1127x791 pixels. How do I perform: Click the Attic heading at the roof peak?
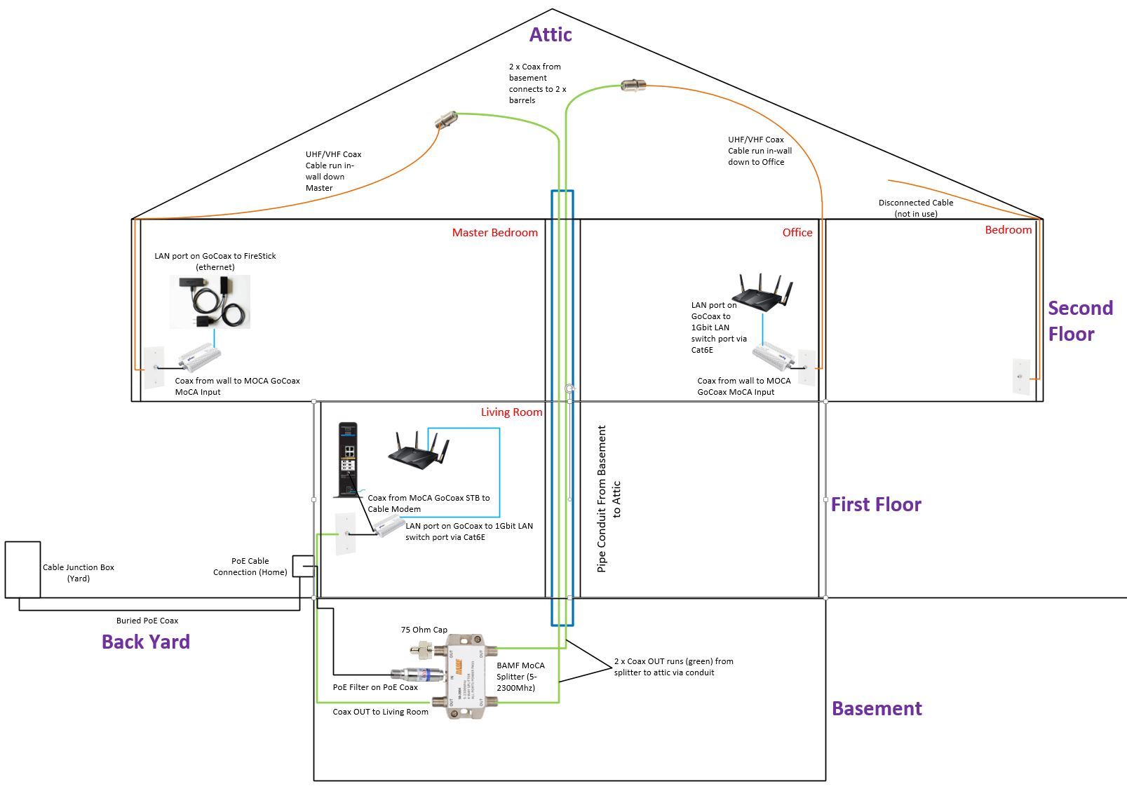click(x=551, y=34)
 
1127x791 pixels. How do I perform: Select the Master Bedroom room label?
click(x=494, y=233)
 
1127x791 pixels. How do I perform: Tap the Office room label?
click(x=797, y=233)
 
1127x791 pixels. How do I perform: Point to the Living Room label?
click(x=511, y=412)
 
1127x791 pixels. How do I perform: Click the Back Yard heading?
click(x=146, y=642)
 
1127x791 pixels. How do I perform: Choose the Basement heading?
click(x=877, y=708)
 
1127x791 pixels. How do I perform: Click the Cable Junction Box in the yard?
click(x=22, y=569)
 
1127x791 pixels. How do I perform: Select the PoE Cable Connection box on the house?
click(x=303, y=566)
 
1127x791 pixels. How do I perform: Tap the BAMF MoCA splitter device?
click(x=465, y=675)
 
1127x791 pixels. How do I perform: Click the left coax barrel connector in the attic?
click(x=446, y=119)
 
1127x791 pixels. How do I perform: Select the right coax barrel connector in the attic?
click(x=633, y=86)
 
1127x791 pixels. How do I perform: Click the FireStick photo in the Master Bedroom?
click(x=210, y=302)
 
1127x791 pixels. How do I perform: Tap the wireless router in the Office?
click(x=762, y=292)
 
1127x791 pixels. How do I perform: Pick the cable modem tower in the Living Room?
click(x=348, y=460)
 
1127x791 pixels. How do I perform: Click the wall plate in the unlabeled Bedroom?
click(x=1021, y=377)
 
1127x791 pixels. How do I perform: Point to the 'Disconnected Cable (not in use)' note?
click(x=916, y=208)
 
